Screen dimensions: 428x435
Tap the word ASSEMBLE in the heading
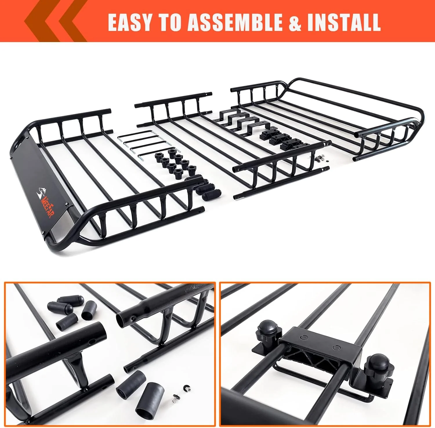[235, 23]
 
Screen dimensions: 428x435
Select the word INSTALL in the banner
[344, 23]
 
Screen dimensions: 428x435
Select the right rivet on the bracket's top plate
[336, 347]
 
